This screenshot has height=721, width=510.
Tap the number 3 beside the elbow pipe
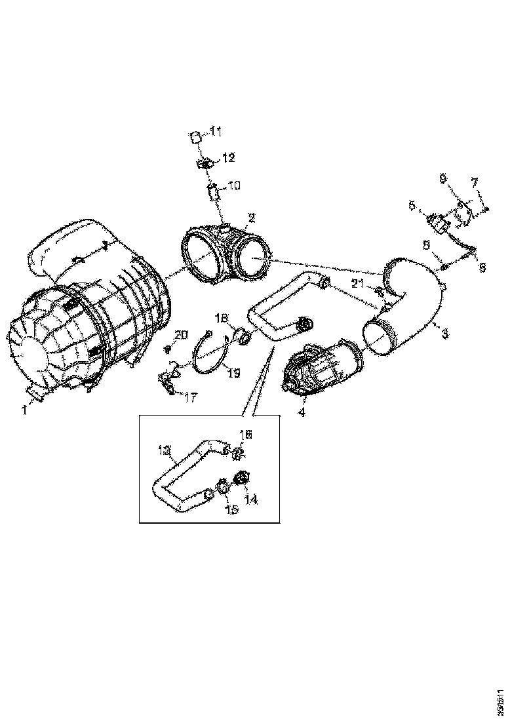click(x=445, y=333)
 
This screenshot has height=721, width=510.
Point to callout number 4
click(x=301, y=413)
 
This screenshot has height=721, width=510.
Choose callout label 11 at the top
click(x=216, y=132)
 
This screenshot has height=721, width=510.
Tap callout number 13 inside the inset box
click(x=164, y=450)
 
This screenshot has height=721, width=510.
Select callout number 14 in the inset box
click(x=252, y=499)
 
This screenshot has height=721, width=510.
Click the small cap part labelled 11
click(x=195, y=136)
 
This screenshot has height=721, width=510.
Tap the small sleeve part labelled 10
click(x=212, y=193)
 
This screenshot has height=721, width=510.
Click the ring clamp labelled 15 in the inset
click(x=223, y=487)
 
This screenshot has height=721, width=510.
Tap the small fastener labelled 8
click(x=443, y=266)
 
